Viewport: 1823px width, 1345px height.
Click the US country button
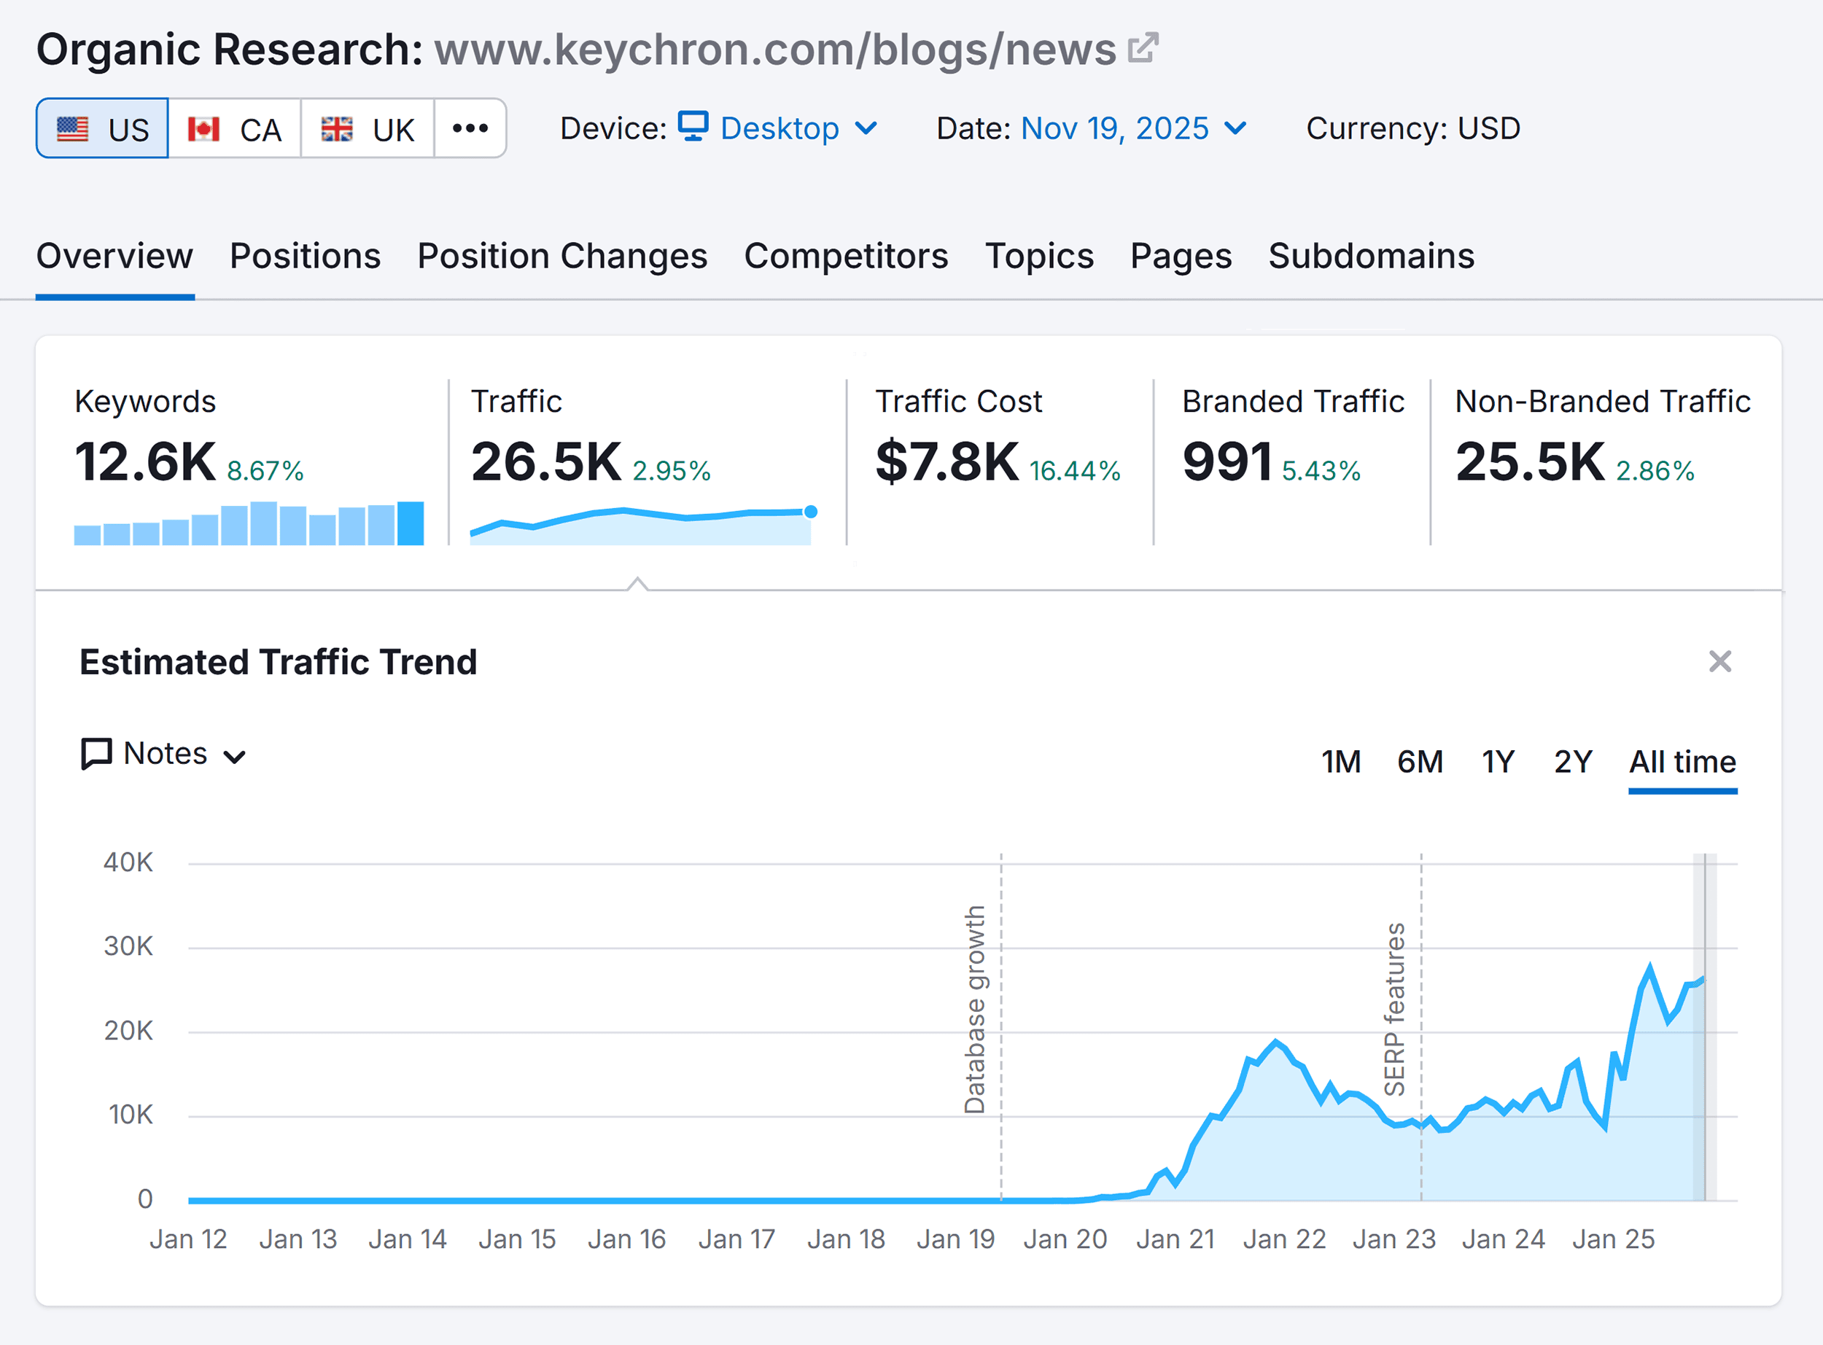click(x=103, y=128)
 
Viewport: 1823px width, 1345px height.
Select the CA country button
click(x=235, y=128)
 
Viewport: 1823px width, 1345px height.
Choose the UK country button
click(x=368, y=128)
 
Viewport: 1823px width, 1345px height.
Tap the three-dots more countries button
click(x=470, y=128)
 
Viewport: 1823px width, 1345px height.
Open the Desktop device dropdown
click(x=778, y=128)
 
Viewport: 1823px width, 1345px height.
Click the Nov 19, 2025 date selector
click(x=1132, y=128)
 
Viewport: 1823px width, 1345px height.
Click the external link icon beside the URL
click(x=1143, y=48)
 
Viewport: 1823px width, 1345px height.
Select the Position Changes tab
click(x=561, y=256)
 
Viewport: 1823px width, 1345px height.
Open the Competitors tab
click(x=846, y=256)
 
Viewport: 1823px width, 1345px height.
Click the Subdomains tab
click(x=1371, y=256)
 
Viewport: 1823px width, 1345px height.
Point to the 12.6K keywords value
click(x=145, y=461)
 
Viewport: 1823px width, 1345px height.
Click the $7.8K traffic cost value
click(x=947, y=461)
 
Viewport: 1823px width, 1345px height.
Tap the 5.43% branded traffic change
click(x=1321, y=471)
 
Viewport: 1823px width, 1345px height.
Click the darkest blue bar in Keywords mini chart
click(x=411, y=523)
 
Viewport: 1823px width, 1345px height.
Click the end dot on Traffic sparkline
click(x=810, y=511)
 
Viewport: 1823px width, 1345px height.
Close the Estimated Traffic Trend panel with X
click(x=1719, y=661)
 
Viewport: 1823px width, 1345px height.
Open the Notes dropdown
click(x=163, y=754)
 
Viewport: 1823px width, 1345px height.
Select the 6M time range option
click(x=1420, y=762)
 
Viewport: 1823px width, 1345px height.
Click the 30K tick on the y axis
click(x=128, y=946)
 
